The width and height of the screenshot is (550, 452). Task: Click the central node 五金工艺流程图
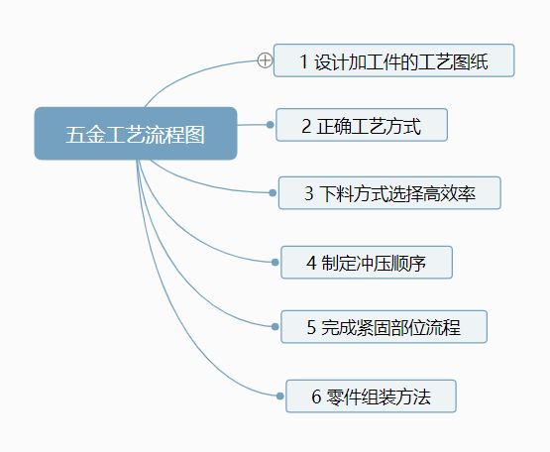(136, 134)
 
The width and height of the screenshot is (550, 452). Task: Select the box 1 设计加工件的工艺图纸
(393, 60)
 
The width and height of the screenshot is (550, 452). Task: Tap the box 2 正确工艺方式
(362, 126)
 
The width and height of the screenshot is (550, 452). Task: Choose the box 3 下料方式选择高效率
(389, 193)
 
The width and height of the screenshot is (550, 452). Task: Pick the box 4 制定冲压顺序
(367, 263)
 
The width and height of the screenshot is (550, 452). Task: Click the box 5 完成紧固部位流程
(384, 327)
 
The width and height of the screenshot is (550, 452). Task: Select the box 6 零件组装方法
(371, 396)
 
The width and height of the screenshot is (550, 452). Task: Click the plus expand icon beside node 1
(265, 60)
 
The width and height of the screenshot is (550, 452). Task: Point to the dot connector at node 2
(270, 125)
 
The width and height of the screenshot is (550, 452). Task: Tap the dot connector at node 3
(273, 192)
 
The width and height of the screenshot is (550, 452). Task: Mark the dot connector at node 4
(275, 262)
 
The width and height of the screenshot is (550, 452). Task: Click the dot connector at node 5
(275, 326)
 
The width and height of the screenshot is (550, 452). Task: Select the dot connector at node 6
(279, 396)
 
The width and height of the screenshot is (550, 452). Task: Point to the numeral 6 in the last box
(316, 397)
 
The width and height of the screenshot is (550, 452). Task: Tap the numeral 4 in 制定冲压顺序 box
(311, 264)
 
